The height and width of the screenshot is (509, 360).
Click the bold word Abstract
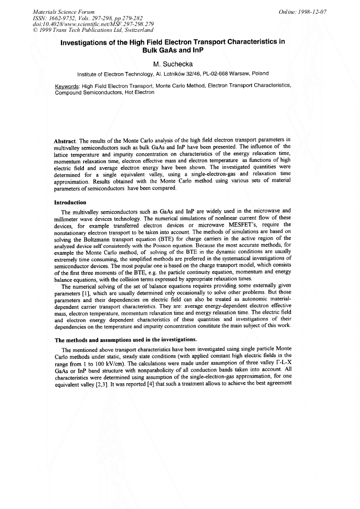[66, 141]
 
